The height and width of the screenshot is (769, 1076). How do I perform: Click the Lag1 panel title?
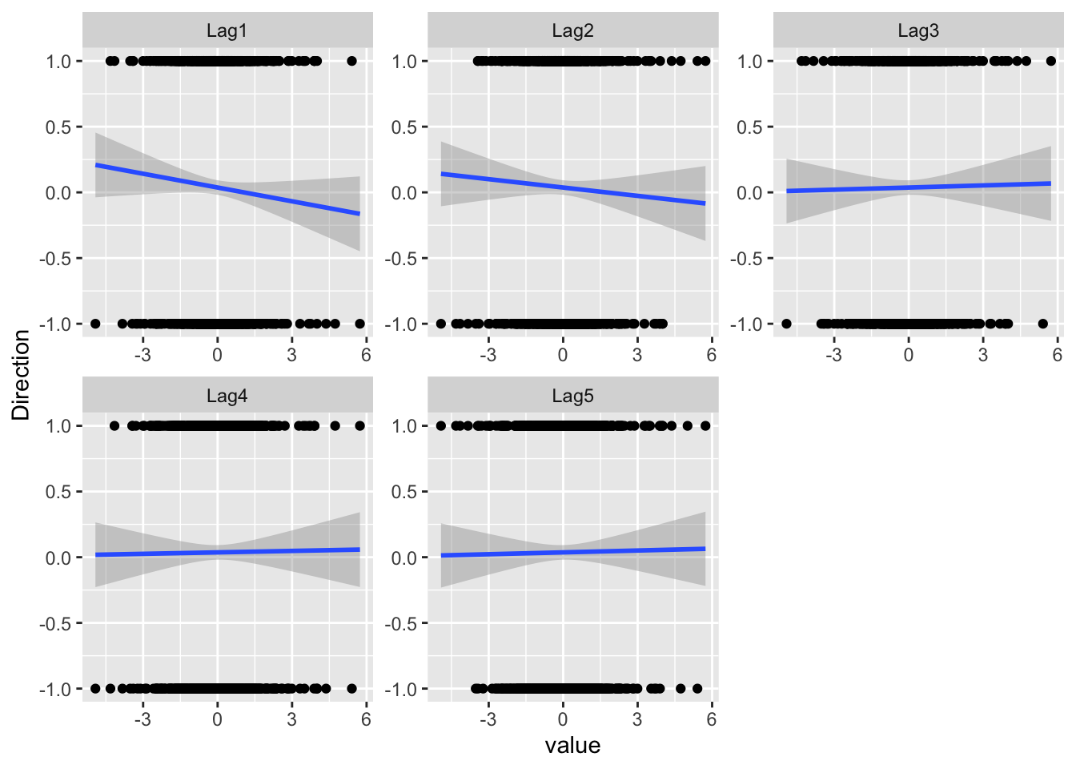tap(227, 31)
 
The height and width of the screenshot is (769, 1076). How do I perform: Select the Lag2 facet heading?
tap(572, 31)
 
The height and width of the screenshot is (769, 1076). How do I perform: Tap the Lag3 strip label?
tap(918, 31)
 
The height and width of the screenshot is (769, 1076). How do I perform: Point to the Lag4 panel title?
tap(227, 396)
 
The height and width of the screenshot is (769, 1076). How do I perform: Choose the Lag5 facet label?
tap(572, 396)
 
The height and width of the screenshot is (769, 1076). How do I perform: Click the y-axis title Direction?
tap(21, 375)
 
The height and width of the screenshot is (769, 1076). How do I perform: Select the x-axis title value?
tap(572, 746)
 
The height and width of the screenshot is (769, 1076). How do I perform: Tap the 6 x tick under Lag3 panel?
tap(1057, 355)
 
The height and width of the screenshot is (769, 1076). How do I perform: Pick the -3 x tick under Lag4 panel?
tap(143, 719)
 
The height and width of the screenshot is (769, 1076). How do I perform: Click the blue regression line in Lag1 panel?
tap(227, 190)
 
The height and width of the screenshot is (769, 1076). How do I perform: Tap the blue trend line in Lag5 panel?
tap(572, 552)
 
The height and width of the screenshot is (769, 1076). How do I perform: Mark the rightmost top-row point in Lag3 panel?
tap(1051, 61)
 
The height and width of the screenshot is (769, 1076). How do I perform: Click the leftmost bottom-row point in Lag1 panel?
tap(95, 324)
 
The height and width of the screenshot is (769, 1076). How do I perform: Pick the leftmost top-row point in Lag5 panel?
tap(441, 425)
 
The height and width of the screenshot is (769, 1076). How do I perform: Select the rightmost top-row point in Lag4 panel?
tap(359, 425)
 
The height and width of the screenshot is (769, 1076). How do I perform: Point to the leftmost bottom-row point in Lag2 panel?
tap(441, 324)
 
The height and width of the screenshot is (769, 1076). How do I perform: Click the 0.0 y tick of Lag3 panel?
tap(752, 193)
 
